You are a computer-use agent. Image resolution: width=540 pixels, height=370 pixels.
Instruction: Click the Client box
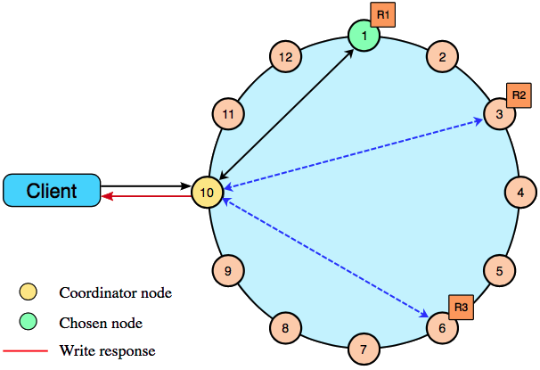coord(51,191)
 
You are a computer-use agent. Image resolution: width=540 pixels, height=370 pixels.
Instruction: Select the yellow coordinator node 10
coord(206,192)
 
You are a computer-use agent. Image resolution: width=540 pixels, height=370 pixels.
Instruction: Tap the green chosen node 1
coord(363,37)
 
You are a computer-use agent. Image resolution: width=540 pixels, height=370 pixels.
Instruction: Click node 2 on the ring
coord(441,58)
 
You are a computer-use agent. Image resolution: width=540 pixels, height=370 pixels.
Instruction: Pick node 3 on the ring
coord(499,114)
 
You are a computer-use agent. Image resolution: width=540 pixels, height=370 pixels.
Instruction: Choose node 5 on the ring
coord(499,269)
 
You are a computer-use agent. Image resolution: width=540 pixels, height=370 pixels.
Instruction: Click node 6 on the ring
coord(441,327)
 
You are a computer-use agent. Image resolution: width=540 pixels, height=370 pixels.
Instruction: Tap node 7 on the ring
coord(363,349)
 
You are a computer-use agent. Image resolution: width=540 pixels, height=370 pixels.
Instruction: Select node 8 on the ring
coord(284,327)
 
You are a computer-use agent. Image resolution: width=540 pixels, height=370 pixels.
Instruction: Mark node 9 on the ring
coord(228,269)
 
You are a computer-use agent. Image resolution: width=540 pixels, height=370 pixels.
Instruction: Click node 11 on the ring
coord(228,114)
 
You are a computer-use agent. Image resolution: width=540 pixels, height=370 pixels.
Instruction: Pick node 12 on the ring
coord(284,58)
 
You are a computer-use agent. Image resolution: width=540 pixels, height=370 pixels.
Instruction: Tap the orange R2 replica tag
coord(520,94)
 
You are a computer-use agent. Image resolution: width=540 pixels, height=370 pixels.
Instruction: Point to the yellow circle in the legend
coord(29,292)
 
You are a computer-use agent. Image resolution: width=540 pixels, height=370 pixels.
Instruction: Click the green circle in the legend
coord(29,322)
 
